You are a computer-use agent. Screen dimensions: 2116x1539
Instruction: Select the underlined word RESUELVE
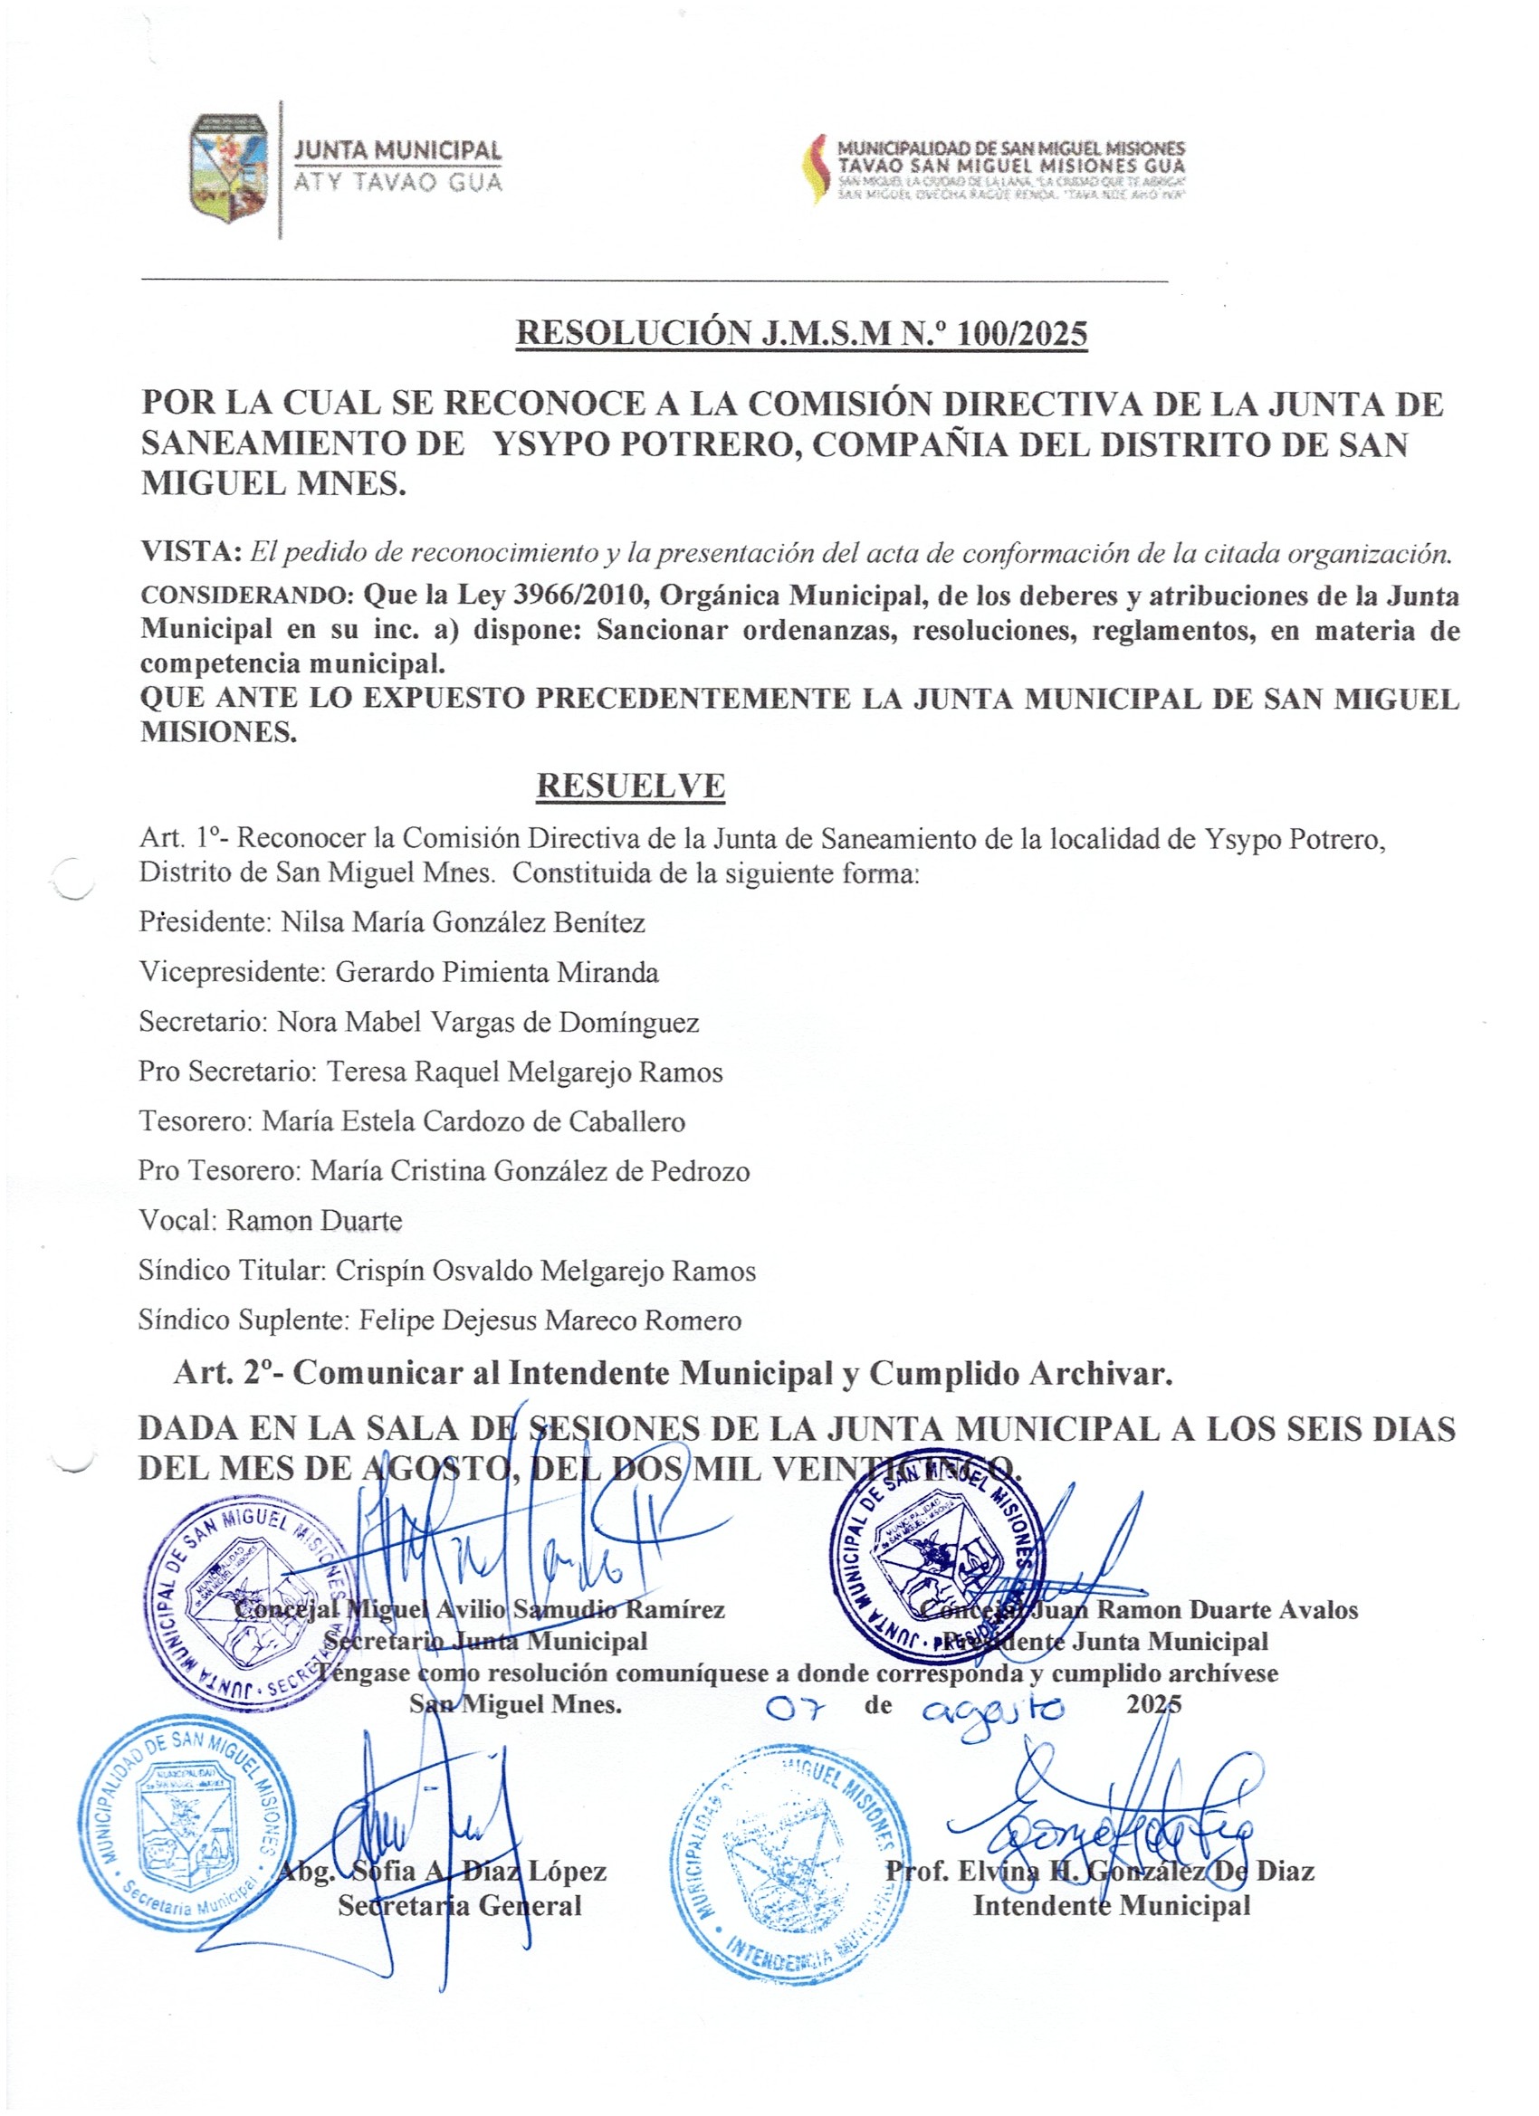point(630,786)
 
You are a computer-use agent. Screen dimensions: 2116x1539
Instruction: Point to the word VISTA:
point(190,551)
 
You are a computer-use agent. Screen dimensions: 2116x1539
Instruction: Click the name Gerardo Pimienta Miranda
point(496,972)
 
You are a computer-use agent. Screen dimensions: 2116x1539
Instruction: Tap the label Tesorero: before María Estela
point(195,1121)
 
